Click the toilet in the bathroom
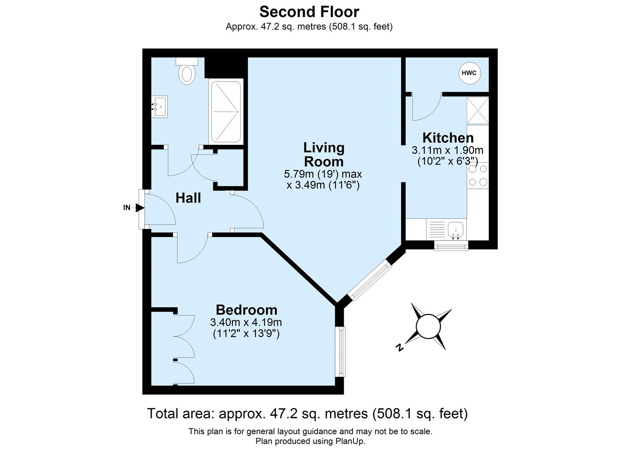pyautogui.click(x=187, y=72)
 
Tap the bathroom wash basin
pyautogui.click(x=159, y=107)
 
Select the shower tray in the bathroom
pyautogui.click(x=226, y=111)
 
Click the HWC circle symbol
pyautogui.click(x=469, y=73)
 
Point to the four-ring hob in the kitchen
pyautogui.click(x=478, y=175)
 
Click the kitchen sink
pyautogui.click(x=455, y=230)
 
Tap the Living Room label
pyautogui.click(x=323, y=155)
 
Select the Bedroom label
pyautogui.click(x=246, y=310)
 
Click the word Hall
pyautogui.click(x=188, y=198)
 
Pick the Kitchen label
pyautogui.click(x=448, y=137)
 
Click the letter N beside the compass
pyautogui.click(x=400, y=347)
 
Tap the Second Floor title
pyautogui.click(x=309, y=11)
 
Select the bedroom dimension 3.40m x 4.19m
pyautogui.click(x=246, y=322)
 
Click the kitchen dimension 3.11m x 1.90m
pyautogui.click(x=447, y=150)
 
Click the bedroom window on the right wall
pyautogui.click(x=342, y=351)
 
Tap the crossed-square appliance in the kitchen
pyautogui.click(x=478, y=111)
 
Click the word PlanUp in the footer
pyautogui.click(x=350, y=441)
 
